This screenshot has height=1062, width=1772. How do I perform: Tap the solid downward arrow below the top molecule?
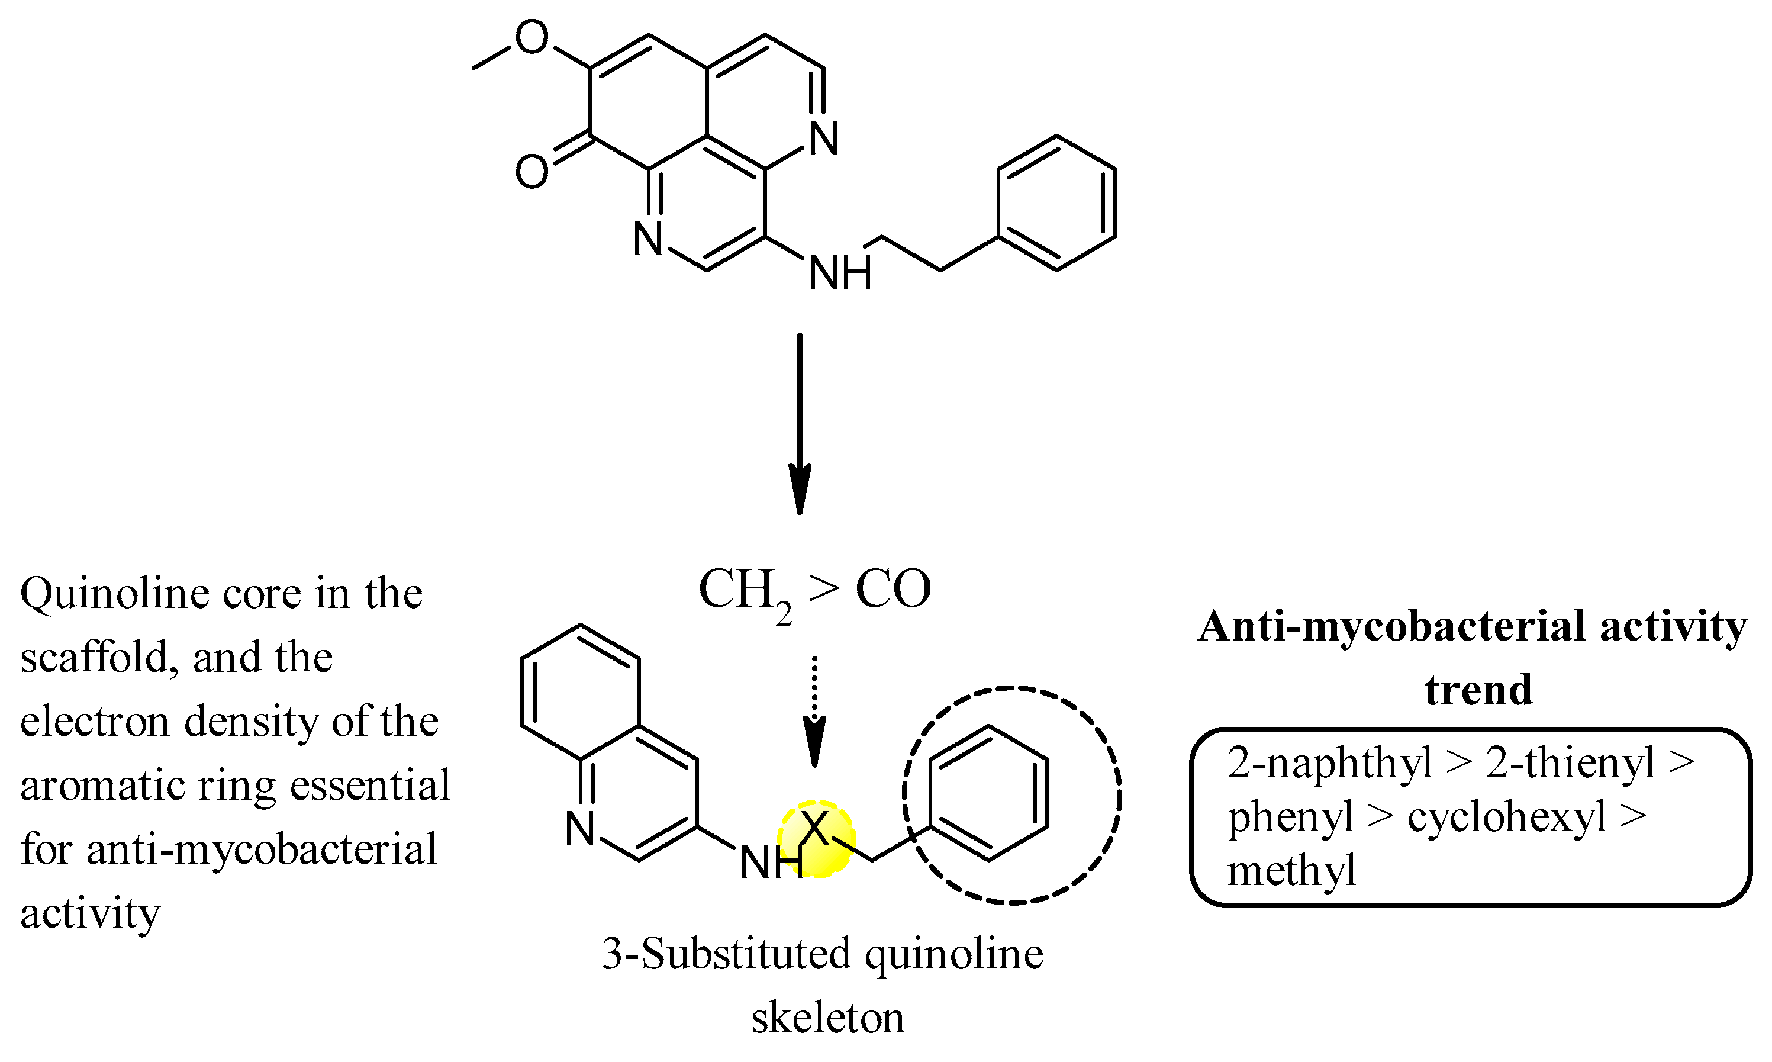799,422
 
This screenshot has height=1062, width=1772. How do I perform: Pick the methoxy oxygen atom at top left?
531,37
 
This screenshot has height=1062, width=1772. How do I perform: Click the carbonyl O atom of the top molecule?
531,172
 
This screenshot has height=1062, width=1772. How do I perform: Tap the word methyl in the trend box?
1291,871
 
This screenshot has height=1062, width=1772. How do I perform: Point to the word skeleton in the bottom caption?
827,1018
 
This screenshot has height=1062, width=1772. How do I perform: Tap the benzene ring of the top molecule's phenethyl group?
1056,203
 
